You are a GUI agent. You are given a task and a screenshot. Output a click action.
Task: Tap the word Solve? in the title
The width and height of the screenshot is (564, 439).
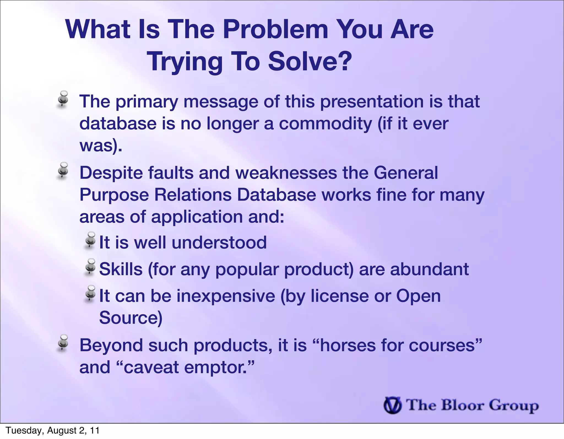[310, 61]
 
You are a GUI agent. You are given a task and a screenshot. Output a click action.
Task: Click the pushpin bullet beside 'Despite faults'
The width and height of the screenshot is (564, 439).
[63, 170]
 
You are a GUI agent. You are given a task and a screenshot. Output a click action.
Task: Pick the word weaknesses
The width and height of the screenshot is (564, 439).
[286, 173]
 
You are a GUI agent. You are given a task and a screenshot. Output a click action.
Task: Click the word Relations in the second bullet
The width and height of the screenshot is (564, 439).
[193, 195]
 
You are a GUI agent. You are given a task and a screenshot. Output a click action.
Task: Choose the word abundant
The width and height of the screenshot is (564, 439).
[429, 269]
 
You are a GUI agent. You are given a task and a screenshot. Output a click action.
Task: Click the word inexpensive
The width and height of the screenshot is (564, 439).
[226, 296]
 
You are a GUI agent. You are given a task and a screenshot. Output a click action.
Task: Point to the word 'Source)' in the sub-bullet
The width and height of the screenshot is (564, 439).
[131, 318]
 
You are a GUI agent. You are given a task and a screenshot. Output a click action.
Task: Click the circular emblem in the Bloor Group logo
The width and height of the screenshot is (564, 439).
[392, 405]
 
